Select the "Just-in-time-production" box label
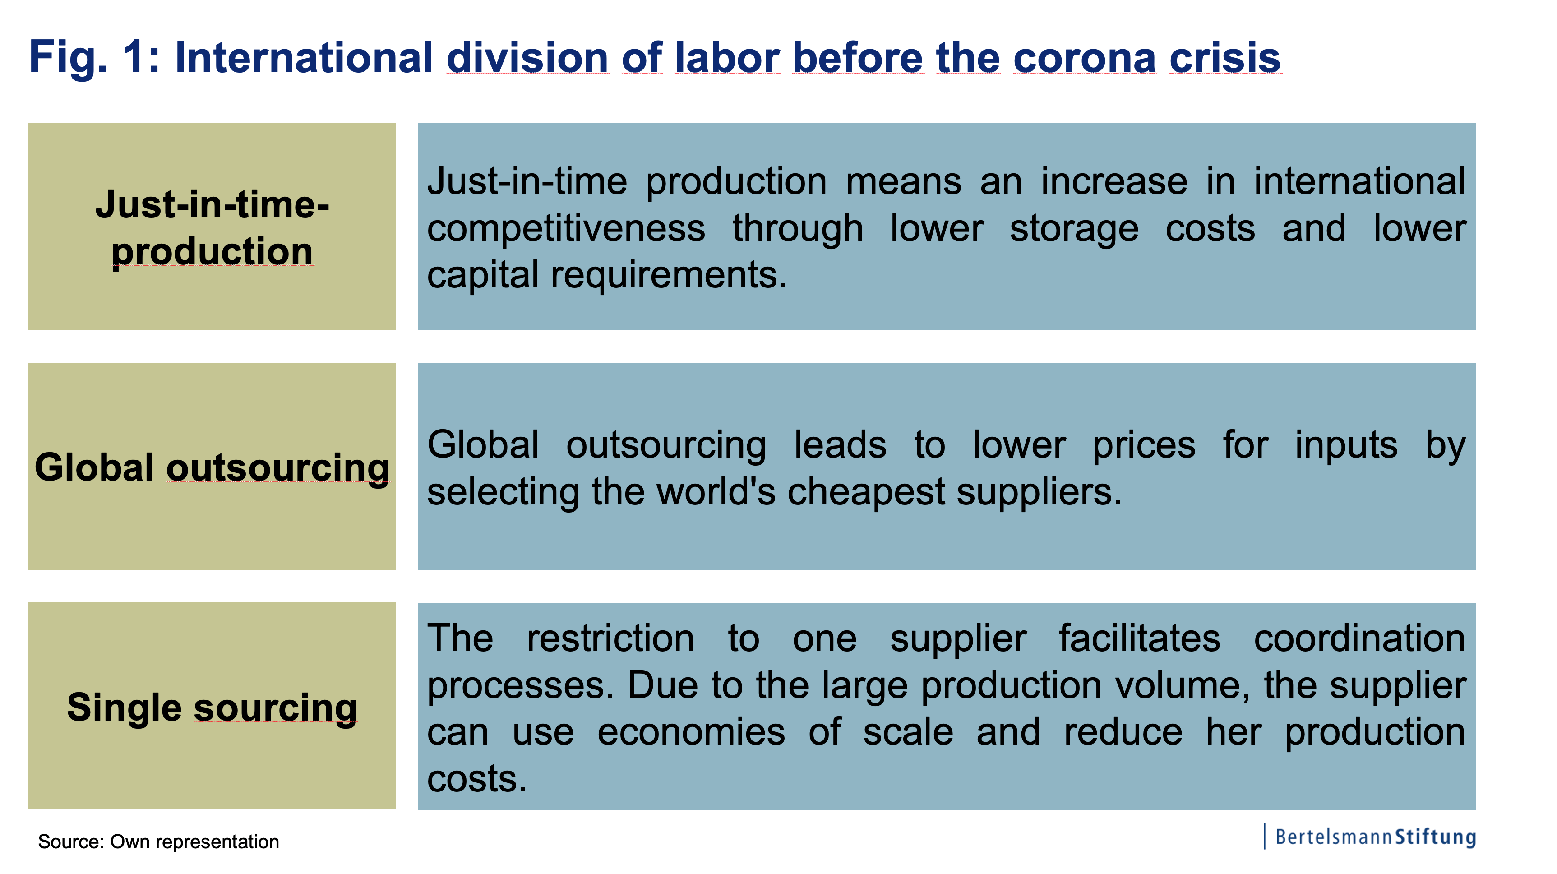point(212,228)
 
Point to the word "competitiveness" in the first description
point(566,229)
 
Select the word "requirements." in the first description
point(669,276)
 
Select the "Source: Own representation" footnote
point(158,842)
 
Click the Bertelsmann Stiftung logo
point(1370,837)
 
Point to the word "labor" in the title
point(727,58)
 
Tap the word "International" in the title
point(304,58)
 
